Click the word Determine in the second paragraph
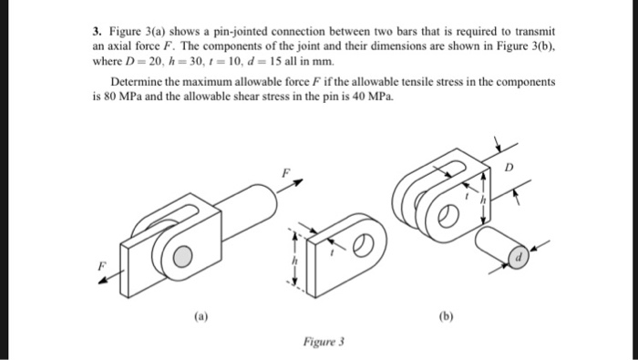[x=134, y=82]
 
